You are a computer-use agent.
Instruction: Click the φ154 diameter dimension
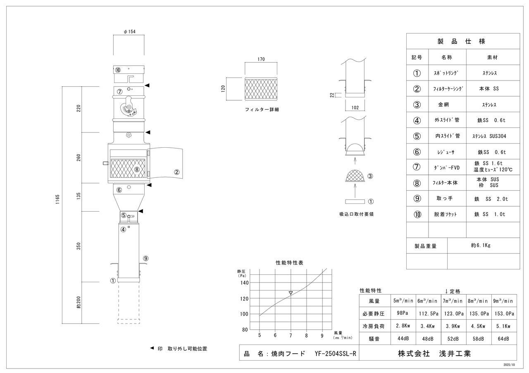coord(130,32)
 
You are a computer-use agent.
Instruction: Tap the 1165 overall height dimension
coord(57,199)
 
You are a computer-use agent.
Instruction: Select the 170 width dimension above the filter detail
coord(261,59)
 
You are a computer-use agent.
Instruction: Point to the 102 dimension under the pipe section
coord(355,108)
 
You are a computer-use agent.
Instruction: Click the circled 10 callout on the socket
coord(118,70)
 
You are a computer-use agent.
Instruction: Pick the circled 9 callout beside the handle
coord(146,258)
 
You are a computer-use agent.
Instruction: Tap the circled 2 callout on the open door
coord(176,172)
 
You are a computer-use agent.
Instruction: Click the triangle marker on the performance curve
coord(291,293)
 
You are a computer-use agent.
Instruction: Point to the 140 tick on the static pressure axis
coord(244,283)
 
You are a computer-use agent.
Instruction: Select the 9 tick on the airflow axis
coord(322,335)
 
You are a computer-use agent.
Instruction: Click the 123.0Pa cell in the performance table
coord(454,314)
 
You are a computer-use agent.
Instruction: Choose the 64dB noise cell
coord(503,339)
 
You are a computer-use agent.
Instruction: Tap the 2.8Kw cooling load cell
coord(403,326)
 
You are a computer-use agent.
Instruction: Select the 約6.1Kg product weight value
coord(481,246)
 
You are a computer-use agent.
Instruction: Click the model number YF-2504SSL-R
coord(335,354)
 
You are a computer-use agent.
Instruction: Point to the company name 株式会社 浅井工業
coord(434,354)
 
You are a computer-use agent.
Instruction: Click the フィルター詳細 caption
coord(262,110)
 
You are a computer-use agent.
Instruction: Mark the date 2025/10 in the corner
coord(509,365)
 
